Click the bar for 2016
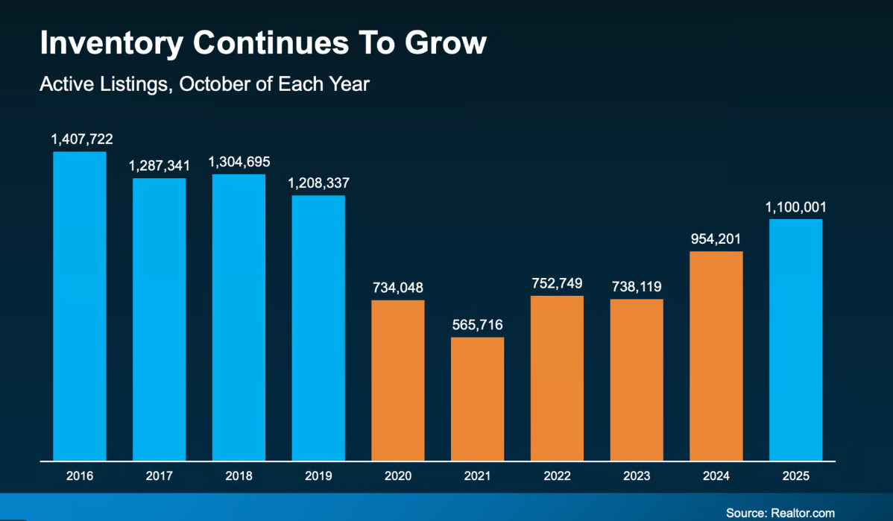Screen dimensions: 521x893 click(x=80, y=306)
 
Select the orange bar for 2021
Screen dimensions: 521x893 click(x=477, y=399)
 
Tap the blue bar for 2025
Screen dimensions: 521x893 click(x=795, y=339)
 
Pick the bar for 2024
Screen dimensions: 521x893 click(x=716, y=356)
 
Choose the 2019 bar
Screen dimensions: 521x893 click(x=318, y=328)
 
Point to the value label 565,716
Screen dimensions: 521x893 click(x=477, y=325)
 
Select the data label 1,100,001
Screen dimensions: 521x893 click(x=795, y=206)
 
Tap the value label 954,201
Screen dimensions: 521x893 click(x=716, y=239)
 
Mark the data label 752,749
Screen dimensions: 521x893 click(x=557, y=283)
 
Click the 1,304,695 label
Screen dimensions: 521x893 click(x=239, y=162)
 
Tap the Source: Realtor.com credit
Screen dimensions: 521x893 click(x=780, y=513)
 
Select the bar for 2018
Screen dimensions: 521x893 click(x=239, y=317)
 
